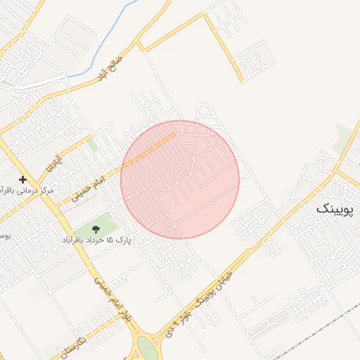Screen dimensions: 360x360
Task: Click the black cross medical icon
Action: click(x=22, y=180)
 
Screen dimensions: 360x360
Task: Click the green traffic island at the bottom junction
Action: click(x=147, y=349)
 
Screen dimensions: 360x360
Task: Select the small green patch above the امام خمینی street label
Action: click(x=93, y=145)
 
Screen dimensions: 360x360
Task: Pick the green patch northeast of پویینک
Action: click(x=344, y=134)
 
